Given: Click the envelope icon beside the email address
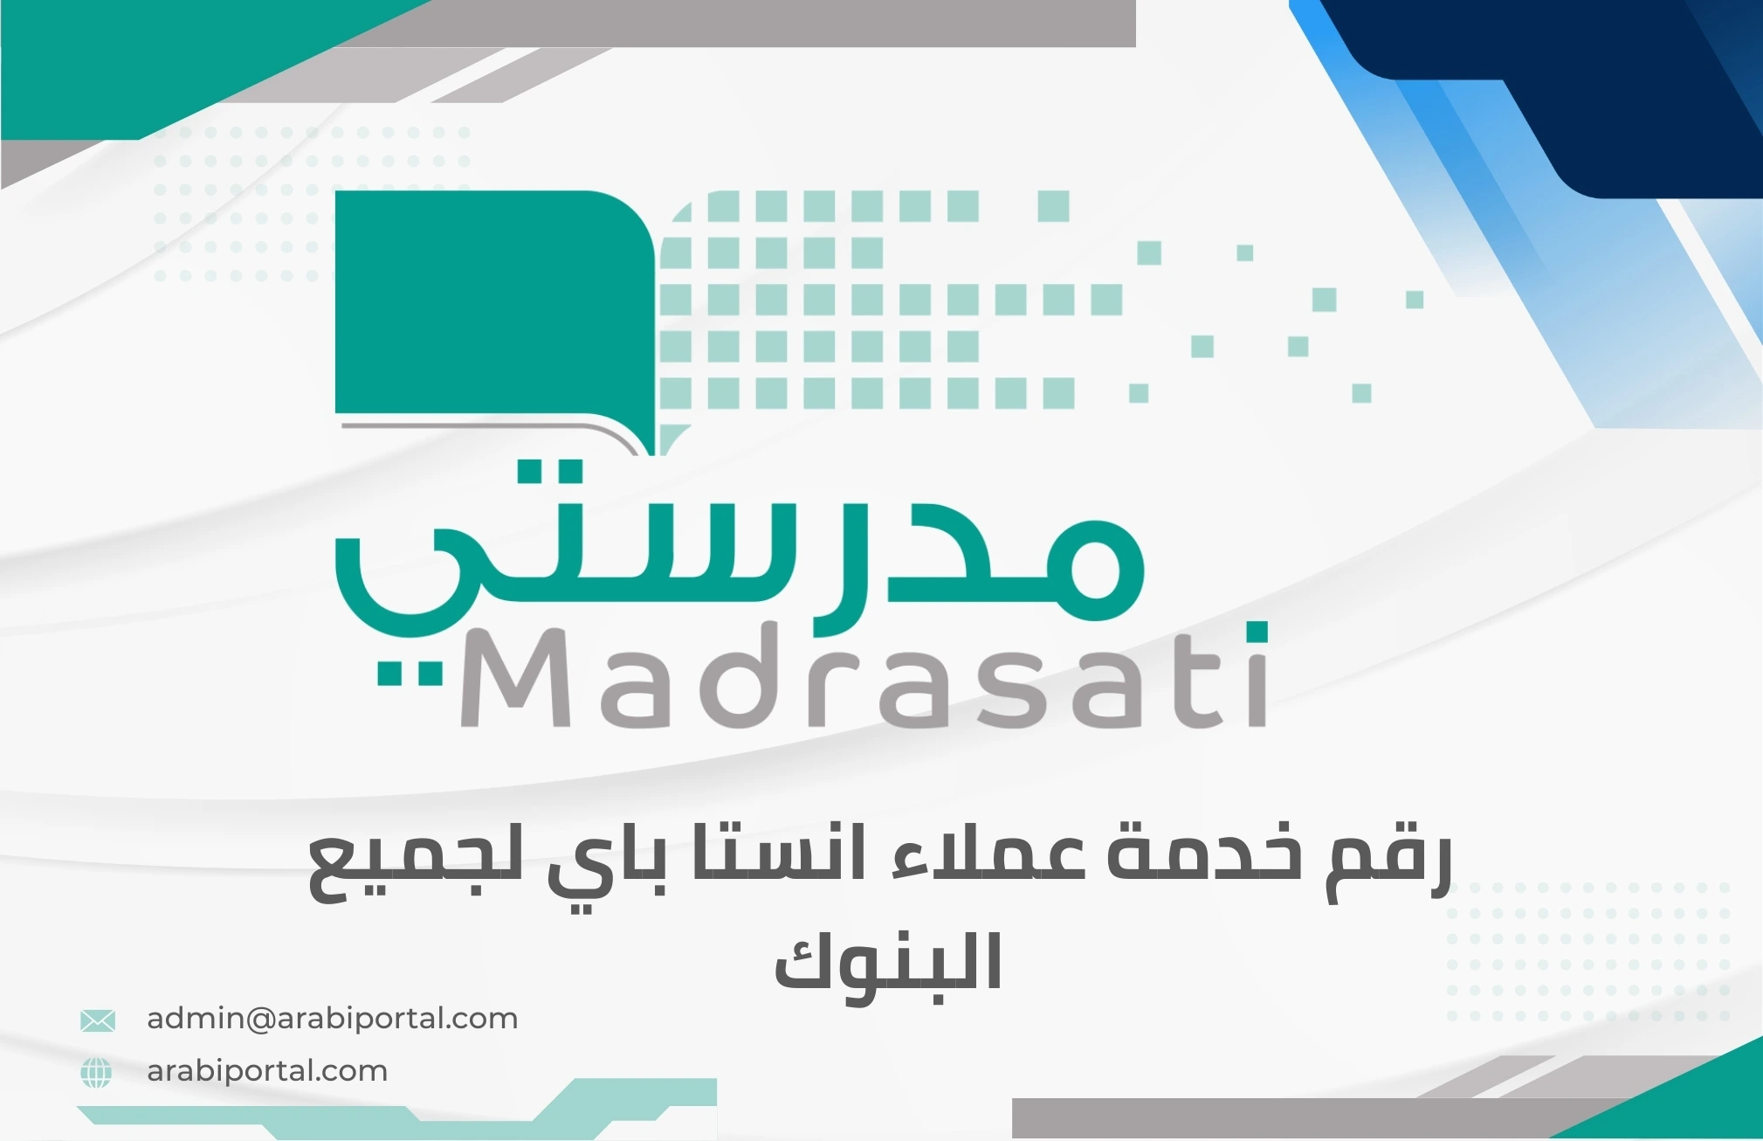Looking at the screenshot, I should (x=97, y=1020).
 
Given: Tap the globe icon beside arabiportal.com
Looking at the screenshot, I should (x=96, y=1072).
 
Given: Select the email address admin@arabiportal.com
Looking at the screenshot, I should (x=332, y=1019).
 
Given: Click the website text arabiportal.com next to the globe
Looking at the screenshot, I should (x=267, y=1071).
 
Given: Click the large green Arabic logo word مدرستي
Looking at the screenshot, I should (x=738, y=559).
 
